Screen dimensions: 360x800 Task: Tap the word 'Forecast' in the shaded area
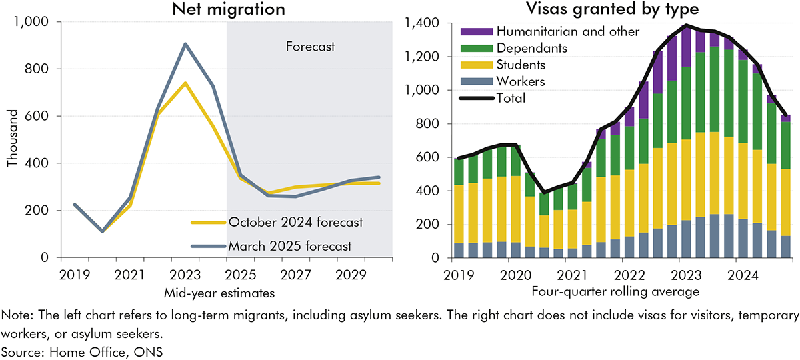tap(310, 47)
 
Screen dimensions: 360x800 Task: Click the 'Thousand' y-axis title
tap(13, 139)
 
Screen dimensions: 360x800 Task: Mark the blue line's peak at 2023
tap(185, 44)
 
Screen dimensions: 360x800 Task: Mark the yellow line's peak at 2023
tap(185, 83)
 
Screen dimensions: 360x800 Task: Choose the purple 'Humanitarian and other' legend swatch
tap(469, 31)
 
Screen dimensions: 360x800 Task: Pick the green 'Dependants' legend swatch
tap(469, 48)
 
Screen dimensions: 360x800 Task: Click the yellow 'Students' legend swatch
tap(469, 65)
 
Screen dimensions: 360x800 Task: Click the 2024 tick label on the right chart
tap(740, 275)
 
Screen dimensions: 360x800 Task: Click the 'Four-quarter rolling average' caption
tap(615, 291)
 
